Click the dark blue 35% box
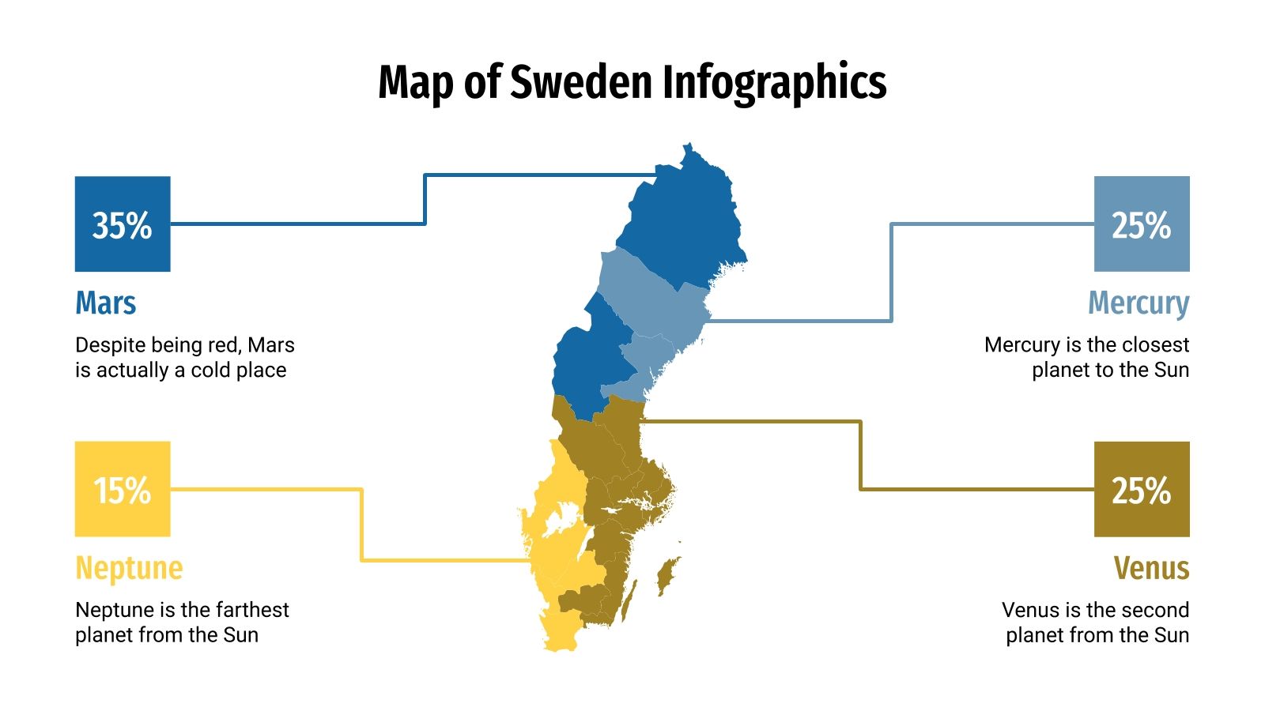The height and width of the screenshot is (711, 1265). point(123,224)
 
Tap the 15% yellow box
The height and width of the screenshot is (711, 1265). point(123,489)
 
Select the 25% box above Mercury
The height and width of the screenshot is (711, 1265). point(1142,224)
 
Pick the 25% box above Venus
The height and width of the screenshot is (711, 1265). point(1142,489)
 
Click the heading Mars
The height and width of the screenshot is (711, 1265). point(106,303)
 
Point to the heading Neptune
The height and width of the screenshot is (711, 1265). point(129,568)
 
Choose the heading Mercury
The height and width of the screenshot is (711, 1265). point(1138,303)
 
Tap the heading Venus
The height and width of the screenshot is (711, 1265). point(1151,568)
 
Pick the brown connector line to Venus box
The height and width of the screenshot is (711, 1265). point(860,458)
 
